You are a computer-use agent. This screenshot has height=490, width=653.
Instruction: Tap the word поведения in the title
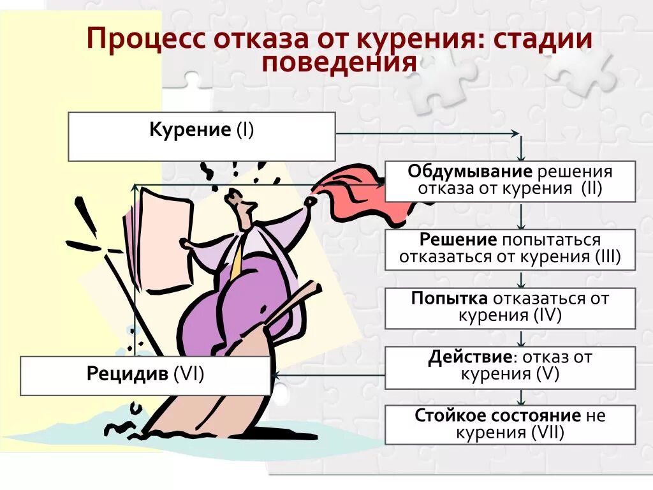[x=339, y=63]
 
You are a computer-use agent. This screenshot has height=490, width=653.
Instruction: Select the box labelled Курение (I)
[x=202, y=136]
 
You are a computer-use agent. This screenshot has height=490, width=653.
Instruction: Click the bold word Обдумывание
[x=470, y=172]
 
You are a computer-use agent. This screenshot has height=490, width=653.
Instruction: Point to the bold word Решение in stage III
[x=458, y=240]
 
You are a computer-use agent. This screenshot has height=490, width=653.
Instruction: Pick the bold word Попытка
[x=450, y=299]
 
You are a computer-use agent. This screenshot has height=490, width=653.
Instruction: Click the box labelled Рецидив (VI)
[x=145, y=375]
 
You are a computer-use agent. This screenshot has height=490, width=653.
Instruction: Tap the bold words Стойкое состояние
[x=497, y=416]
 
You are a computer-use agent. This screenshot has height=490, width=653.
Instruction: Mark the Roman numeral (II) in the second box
[x=591, y=188]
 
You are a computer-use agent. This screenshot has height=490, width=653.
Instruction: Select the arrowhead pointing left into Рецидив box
[x=275, y=375]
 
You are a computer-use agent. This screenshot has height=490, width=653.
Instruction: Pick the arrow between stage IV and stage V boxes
[x=521, y=338]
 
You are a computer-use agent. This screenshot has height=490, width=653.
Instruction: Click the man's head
[x=239, y=205]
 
